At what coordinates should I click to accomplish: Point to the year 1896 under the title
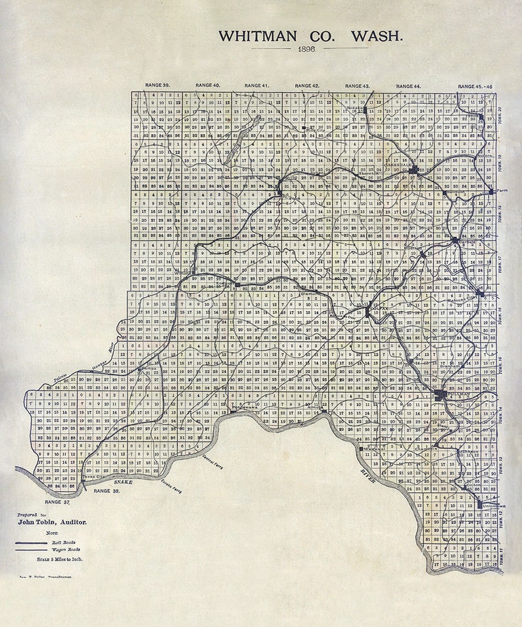click(307, 49)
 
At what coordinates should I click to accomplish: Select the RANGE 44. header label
click(408, 86)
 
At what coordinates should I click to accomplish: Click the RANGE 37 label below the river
click(57, 501)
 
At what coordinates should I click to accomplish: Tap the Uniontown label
click(494, 506)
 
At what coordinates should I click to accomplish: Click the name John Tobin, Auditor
click(52, 522)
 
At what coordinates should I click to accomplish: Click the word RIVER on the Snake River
click(368, 477)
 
